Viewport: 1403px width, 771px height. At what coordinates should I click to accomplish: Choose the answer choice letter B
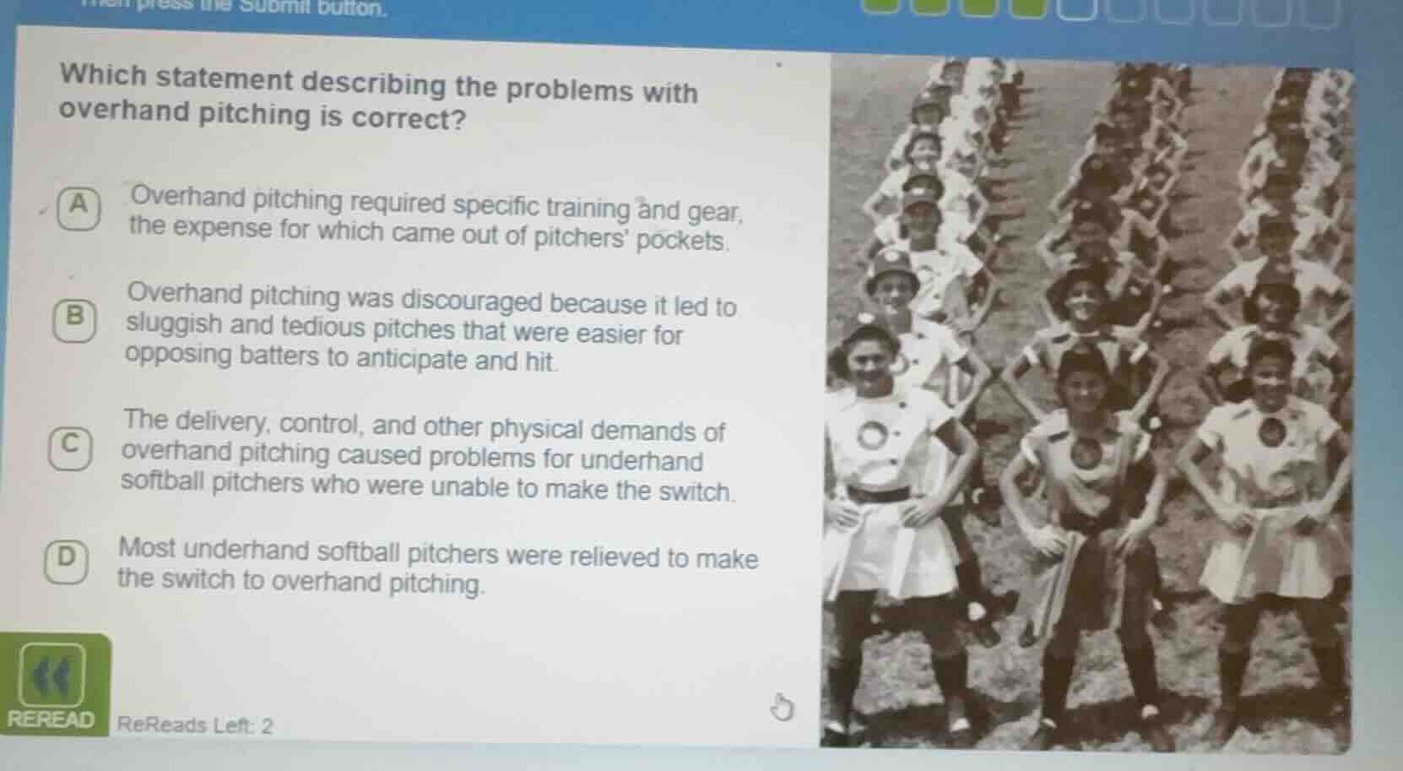point(75,317)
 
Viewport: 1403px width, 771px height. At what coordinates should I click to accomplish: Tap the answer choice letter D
point(67,558)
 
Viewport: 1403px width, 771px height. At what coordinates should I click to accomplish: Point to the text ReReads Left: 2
point(195,725)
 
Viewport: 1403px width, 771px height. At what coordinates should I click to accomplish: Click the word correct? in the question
point(409,119)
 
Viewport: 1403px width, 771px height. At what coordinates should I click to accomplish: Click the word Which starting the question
point(103,76)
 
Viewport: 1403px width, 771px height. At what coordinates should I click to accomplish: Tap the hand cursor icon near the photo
point(783,708)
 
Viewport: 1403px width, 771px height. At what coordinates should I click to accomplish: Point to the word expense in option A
point(221,229)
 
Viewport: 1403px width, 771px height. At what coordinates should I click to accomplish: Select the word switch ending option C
point(696,491)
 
